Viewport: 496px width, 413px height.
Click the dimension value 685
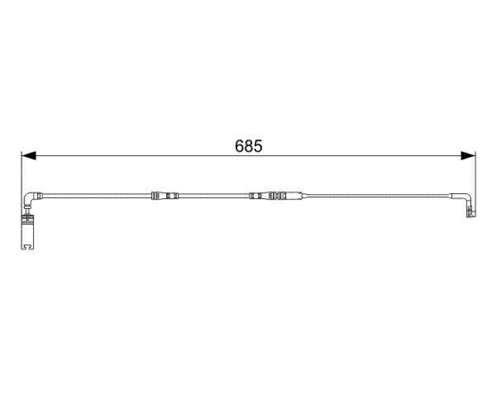click(x=249, y=146)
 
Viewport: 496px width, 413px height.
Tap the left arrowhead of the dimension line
click(x=28, y=155)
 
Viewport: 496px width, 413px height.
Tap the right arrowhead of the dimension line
click(x=468, y=155)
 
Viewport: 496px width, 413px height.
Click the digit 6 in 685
click(x=239, y=146)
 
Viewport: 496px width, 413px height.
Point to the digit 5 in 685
click(x=258, y=146)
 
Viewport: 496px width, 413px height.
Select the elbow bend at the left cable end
click(x=30, y=198)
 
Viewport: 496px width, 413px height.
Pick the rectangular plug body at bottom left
click(x=27, y=232)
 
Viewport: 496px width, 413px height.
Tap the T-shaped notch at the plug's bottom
click(x=28, y=246)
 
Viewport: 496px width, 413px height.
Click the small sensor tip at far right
click(x=471, y=212)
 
